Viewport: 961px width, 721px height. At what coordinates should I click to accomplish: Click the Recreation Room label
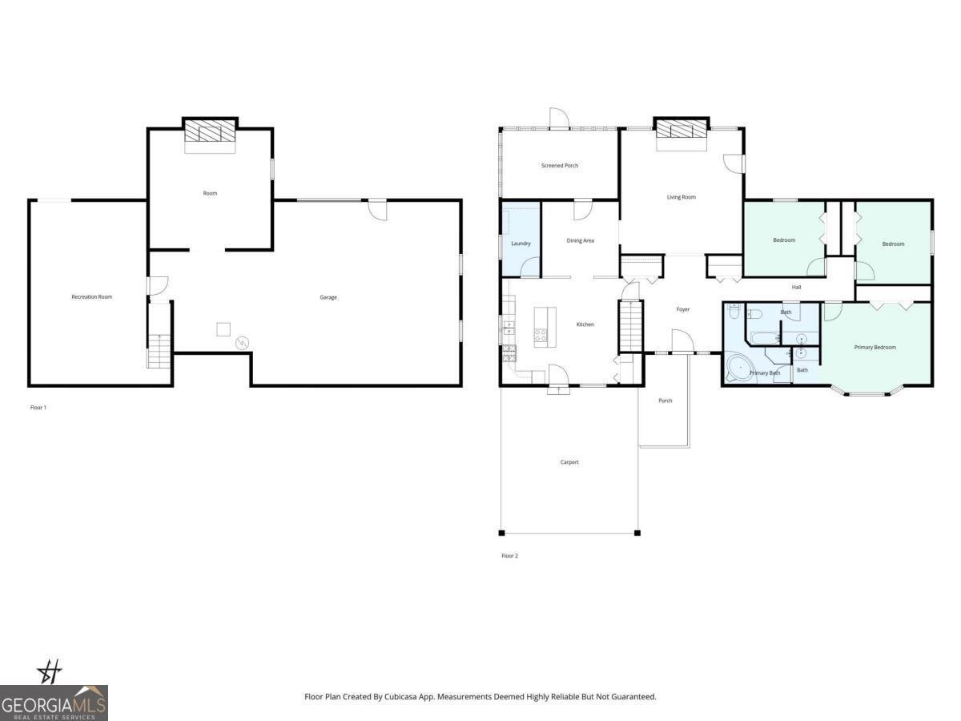click(x=91, y=297)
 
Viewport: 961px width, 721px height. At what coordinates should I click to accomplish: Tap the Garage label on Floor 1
click(x=328, y=297)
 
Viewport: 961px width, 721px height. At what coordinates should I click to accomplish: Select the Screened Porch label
click(x=559, y=166)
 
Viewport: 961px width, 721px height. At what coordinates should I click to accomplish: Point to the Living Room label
click(x=682, y=197)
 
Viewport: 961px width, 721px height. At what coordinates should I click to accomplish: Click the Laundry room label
click(x=521, y=244)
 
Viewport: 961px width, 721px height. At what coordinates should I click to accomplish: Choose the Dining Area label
click(x=580, y=240)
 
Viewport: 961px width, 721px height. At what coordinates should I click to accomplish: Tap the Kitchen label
click(x=585, y=324)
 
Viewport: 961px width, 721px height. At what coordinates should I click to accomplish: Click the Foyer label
click(x=682, y=309)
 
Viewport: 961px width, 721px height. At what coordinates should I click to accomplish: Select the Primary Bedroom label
click(x=875, y=348)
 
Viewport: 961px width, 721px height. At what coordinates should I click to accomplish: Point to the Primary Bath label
click(x=764, y=373)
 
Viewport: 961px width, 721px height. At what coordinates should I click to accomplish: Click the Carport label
click(x=569, y=462)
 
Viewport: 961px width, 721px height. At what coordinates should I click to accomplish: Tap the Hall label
click(x=796, y=287)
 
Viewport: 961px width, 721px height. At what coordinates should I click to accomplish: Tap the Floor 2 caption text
click(x=509, y=556)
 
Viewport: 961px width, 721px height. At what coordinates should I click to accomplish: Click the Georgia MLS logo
click(x=54, y=703)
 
